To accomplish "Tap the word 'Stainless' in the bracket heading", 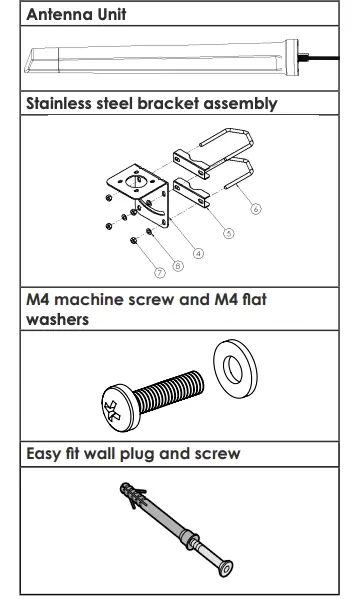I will pos(63,103).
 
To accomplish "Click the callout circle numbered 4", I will pos(198,254).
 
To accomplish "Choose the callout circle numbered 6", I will pos(256,209).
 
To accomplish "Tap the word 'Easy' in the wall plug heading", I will pos(46,454).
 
